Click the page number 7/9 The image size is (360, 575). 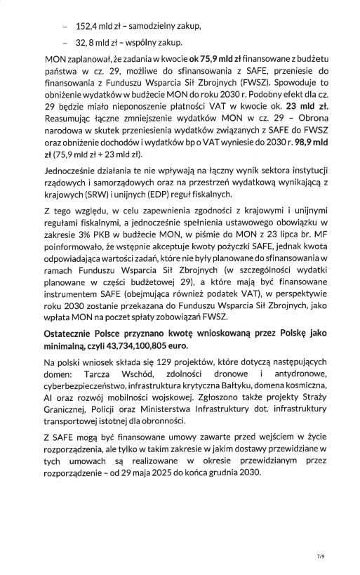coord(321,557)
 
